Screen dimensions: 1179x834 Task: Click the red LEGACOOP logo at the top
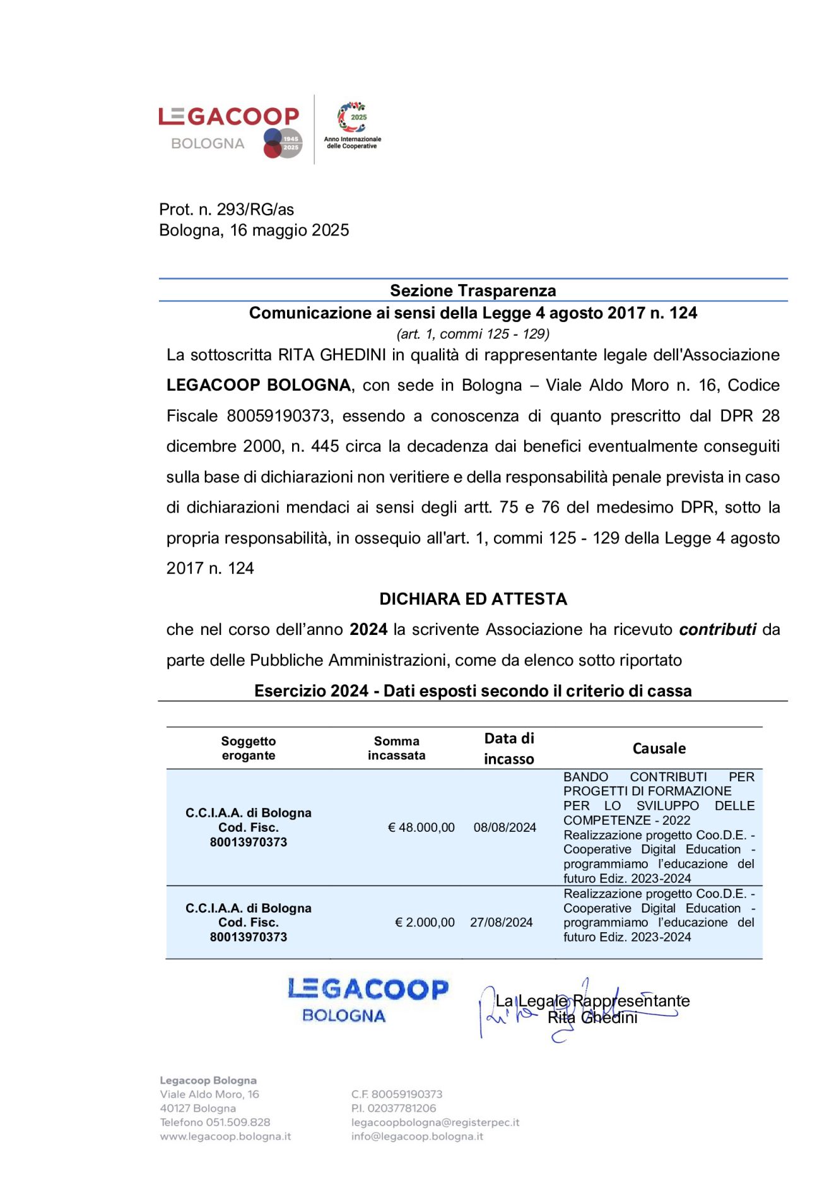pos(228,117)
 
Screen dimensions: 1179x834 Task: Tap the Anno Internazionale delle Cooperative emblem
pos(352,125)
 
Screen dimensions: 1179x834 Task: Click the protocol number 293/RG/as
pos(255,210)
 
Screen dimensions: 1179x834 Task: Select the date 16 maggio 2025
pos(290,230)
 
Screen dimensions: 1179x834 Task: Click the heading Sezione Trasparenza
pos(473,290)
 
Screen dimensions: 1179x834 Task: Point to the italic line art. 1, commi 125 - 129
pos(473,334)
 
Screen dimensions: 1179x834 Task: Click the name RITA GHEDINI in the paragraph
pos(332,355)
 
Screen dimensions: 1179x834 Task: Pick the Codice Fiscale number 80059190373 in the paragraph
pos(278,416)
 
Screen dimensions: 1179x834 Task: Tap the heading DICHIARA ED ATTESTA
pos(473,599)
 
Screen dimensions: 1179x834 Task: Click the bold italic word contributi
pos(717,629)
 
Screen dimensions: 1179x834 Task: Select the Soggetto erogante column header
pos(249,748)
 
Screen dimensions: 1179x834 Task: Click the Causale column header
pos(659,749)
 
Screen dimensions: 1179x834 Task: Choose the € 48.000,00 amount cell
pos(421,827)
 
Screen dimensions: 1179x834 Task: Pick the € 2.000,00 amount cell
pos(425,922)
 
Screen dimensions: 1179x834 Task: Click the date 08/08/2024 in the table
pos(505,827)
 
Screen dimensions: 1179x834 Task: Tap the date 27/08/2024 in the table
pos(501,922)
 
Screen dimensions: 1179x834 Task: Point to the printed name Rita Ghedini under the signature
pos(592,1017)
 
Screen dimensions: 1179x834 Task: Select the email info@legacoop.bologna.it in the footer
pos(417,1136)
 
